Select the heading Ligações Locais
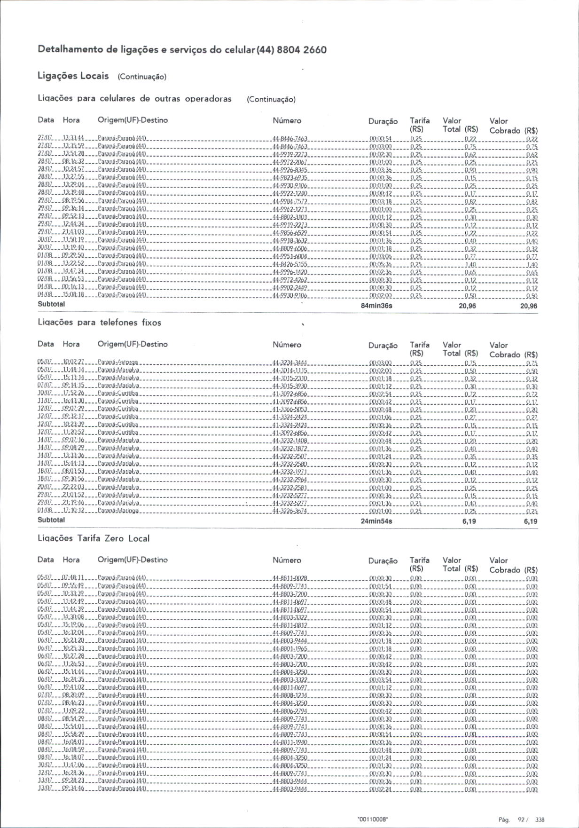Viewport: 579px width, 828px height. click(73, 76)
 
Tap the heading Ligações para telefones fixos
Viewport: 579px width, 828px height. click(99, 323)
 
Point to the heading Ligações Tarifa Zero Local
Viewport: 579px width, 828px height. click(94, 538)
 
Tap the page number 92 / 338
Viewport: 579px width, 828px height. click(531, 819)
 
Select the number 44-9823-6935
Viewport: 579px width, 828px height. click(290, 178)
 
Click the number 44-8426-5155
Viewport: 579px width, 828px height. click(290, 265)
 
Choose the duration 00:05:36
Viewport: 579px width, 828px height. click(381, 265)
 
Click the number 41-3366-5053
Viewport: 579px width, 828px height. click(290, 410)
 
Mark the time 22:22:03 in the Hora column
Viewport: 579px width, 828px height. click(73, 488)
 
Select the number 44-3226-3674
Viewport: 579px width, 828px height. click(290, 512)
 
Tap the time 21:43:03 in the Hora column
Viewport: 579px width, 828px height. click(73, 233)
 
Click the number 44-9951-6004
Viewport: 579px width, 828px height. click(290, 257)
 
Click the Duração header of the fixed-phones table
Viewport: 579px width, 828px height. click(383, 346)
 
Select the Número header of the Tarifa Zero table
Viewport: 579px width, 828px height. click(287, 560)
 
